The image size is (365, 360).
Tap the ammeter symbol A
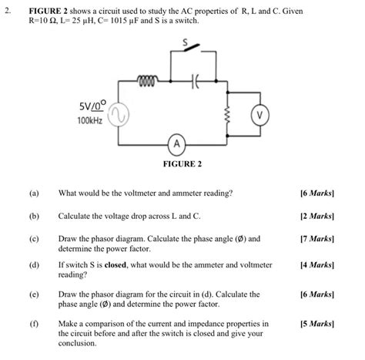tap(177, 144)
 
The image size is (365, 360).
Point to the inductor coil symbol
tap(146, 79)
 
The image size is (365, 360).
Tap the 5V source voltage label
tap(92, 105)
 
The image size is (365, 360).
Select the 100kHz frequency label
tap(91, 122)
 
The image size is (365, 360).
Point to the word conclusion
tap(77, 343)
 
